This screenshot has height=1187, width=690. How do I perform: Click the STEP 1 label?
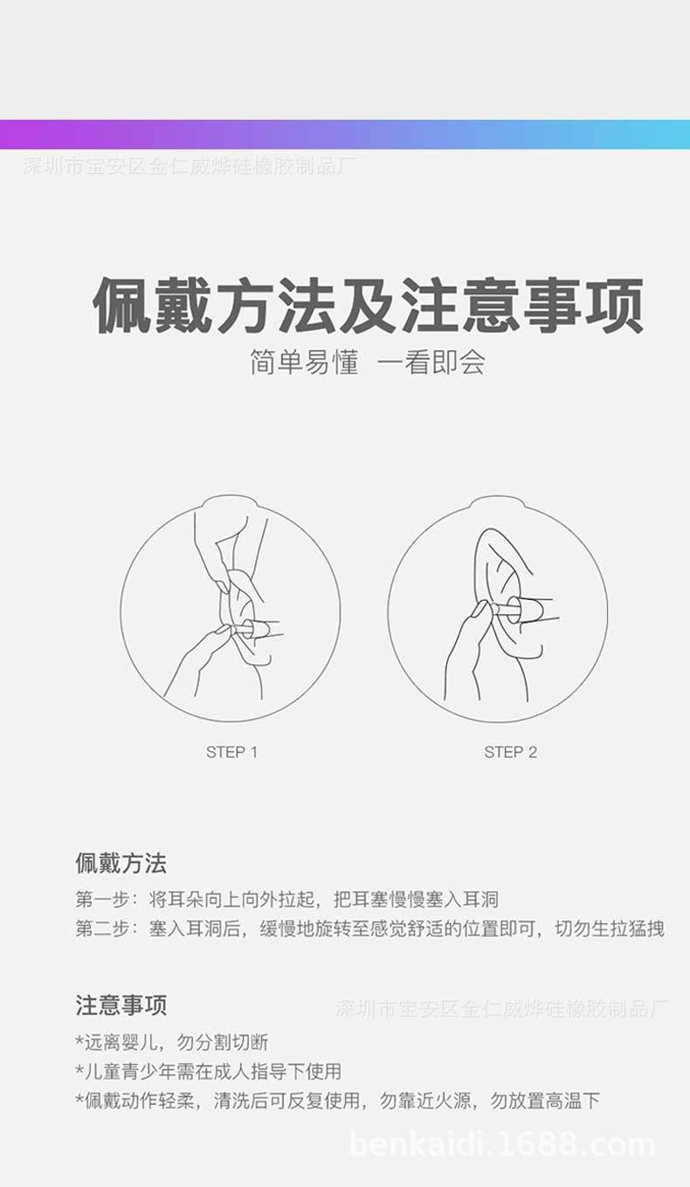(x=231, y=752)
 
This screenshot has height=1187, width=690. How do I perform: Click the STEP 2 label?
(x=510, y=752)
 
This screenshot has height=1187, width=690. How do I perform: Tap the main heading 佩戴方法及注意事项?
(x=368, y=306)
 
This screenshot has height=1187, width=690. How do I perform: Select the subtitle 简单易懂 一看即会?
(x=367, y=362)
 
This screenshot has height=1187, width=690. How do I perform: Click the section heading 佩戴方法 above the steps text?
(x=121, y=864)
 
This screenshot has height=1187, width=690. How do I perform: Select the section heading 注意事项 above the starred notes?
(x=121, y=1005)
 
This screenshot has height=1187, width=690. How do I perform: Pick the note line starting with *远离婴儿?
(x=172, y=1042)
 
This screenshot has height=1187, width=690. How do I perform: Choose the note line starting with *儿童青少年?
(x=208, y=1071)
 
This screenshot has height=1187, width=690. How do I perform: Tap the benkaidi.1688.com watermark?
(x=502, y=1144)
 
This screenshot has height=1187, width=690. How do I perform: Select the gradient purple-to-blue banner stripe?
(x=345, y=135)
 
